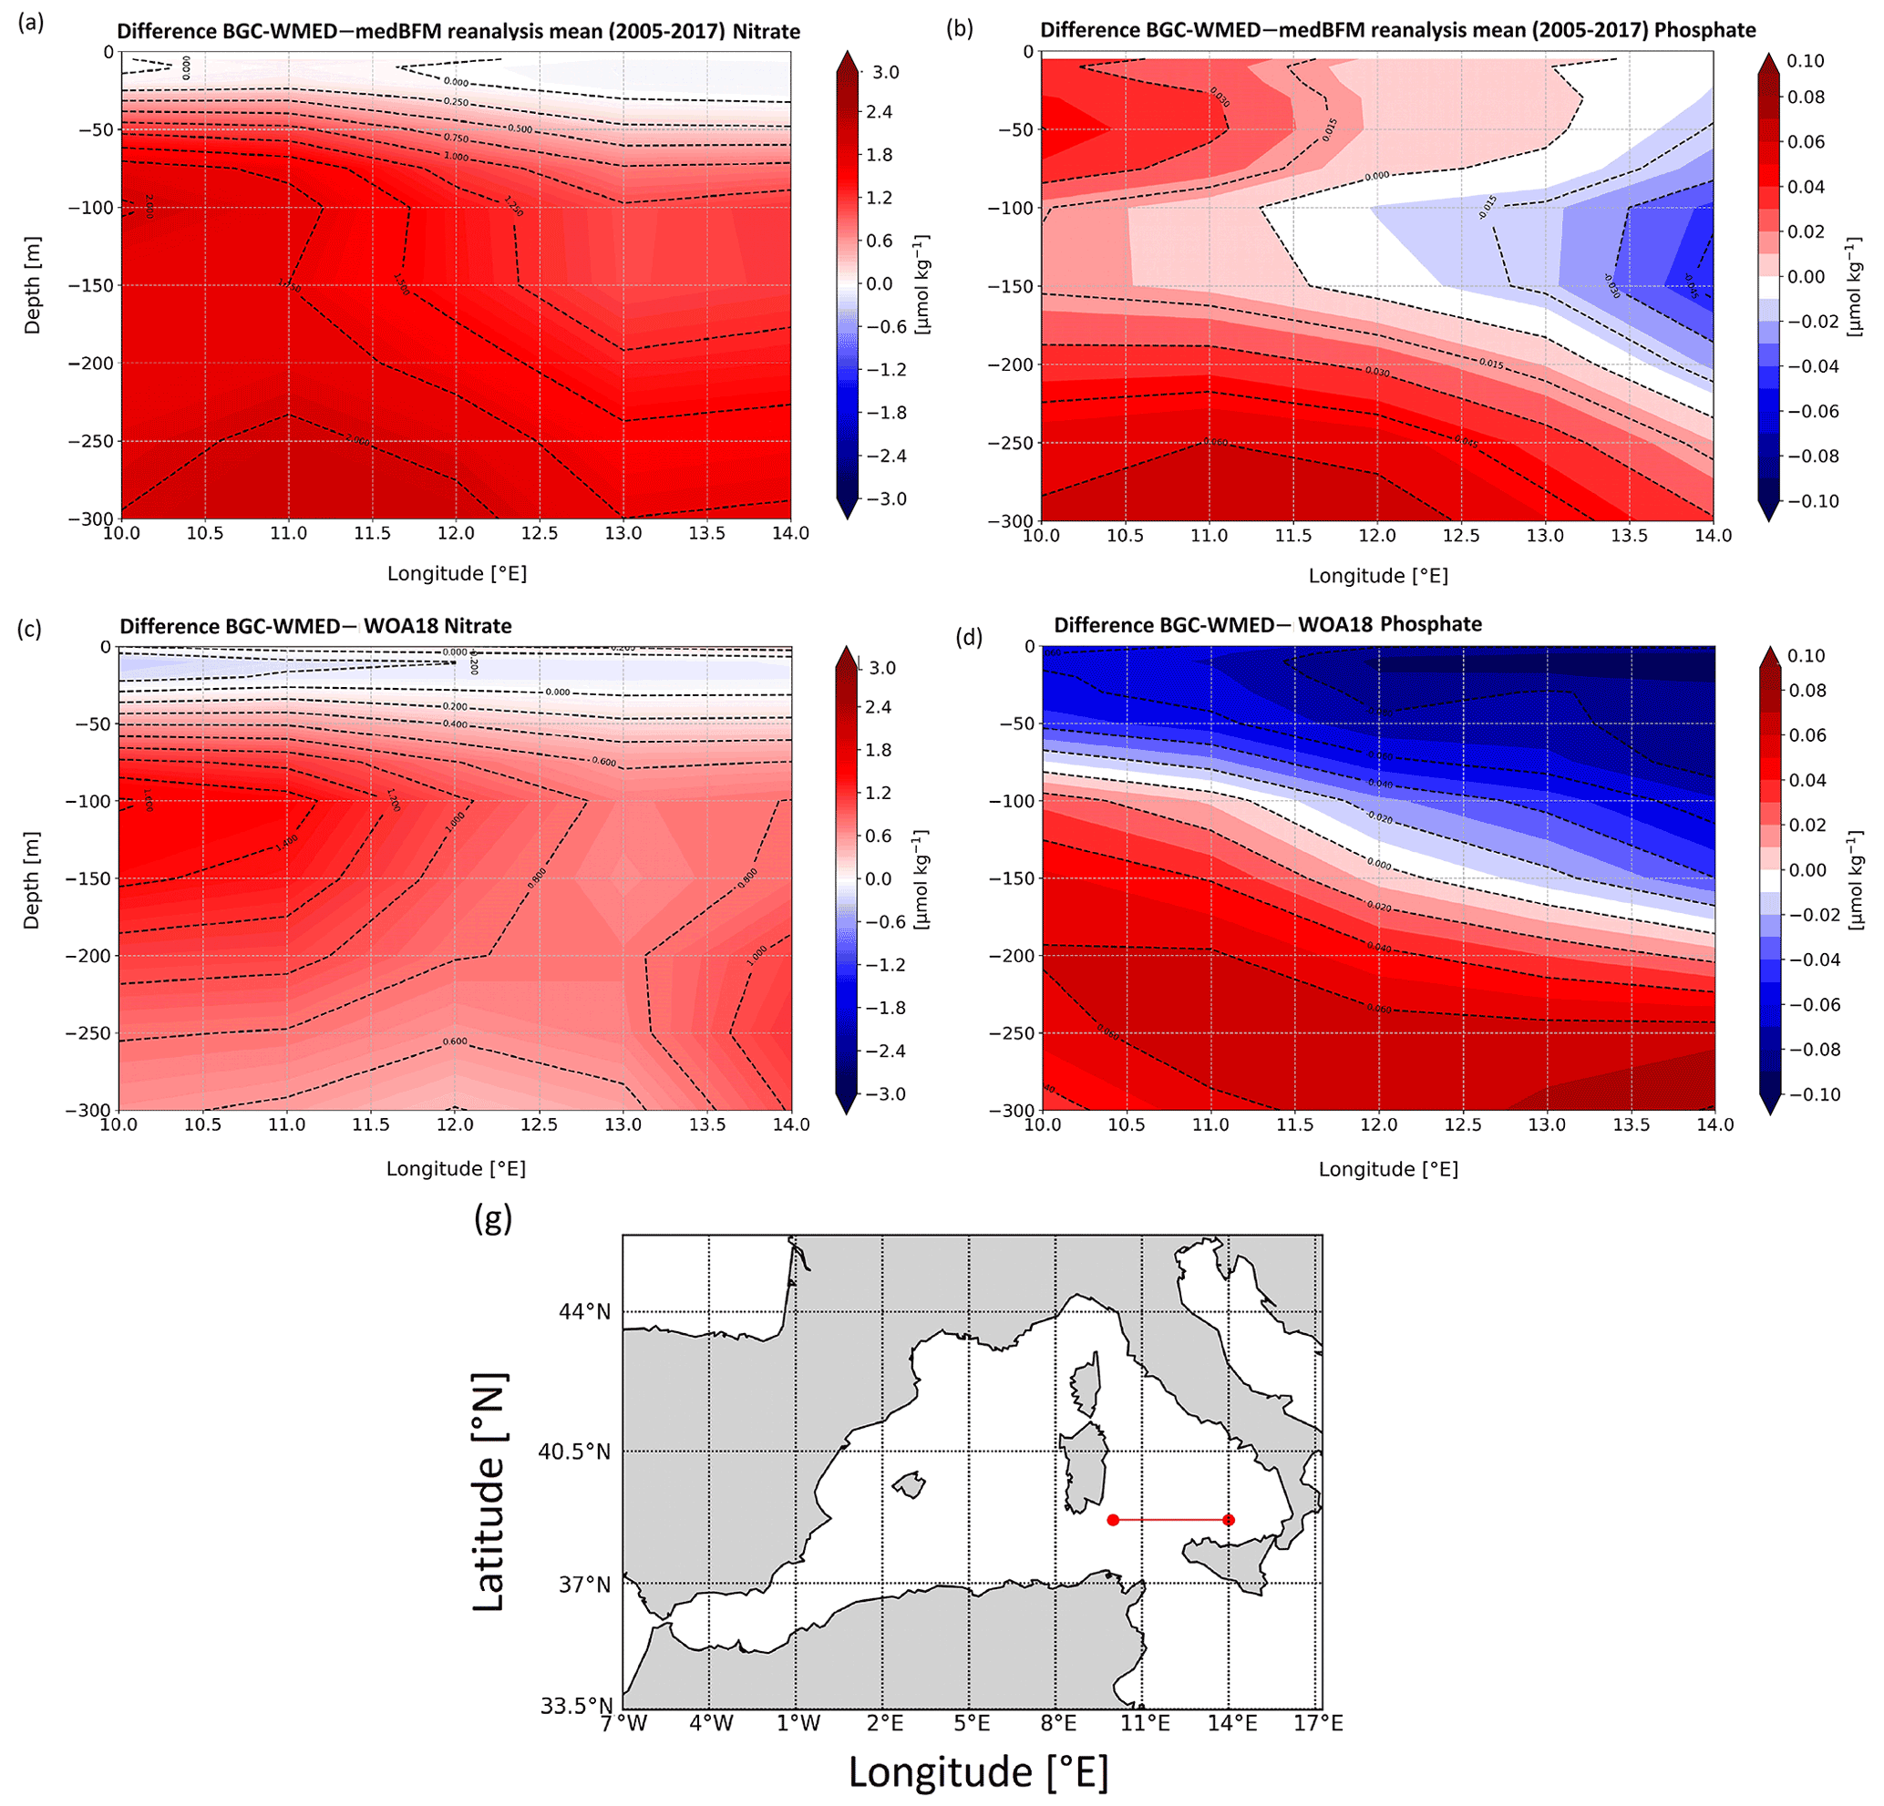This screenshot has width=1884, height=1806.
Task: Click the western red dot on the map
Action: click(1112, 1520)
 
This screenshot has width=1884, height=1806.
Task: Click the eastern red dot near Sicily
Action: click(1229, 1520)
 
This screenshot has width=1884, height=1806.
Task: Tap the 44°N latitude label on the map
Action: click(584, 1312)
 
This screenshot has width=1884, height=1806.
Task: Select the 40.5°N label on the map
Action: click(574, 1452)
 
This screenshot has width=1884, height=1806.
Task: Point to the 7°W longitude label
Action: click(623, 1723)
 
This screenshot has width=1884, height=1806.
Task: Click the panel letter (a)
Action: click(31, 24)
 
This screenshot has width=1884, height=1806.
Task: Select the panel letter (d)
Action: click(969, 636)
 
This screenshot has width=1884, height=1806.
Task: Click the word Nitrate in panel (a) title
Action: click(767, 32)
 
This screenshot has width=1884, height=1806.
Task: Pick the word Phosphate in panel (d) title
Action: click(1430, 624)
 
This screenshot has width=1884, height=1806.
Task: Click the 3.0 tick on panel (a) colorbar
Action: click(885, 72)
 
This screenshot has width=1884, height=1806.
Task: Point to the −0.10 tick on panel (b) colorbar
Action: click(1813, 501)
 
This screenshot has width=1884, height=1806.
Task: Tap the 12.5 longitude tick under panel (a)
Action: click(540, 533)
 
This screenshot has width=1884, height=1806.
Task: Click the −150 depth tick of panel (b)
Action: click(1011, 286)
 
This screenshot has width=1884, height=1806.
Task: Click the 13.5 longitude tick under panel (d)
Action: click(1631, 1124)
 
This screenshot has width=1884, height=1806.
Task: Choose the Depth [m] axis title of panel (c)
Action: click(32, 880)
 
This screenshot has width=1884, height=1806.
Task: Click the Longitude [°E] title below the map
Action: click(979, 1772)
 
